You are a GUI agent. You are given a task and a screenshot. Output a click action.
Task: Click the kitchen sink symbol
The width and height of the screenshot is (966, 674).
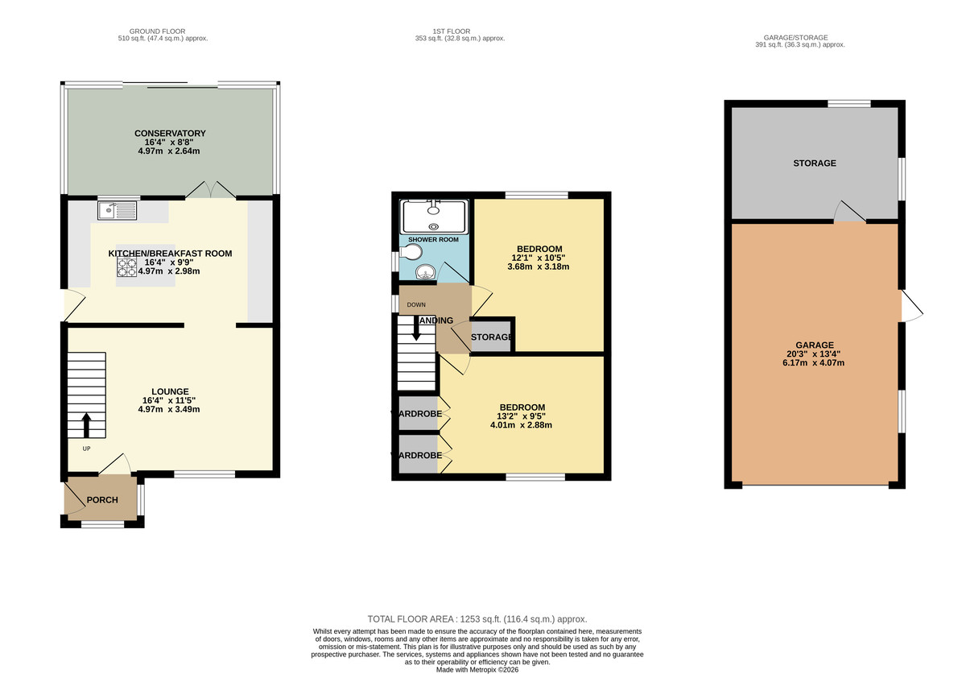click(x=118, y=211)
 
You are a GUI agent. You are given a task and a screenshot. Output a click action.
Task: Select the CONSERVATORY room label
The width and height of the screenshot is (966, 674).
click(x=170, y=134)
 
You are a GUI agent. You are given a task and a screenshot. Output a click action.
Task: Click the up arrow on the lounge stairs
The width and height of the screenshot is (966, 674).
click(x=86, y=424)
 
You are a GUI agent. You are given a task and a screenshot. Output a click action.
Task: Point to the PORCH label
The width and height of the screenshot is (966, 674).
click(x=102, y=500)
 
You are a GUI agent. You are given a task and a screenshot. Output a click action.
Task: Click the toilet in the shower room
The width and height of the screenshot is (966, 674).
click(x=412, y=253)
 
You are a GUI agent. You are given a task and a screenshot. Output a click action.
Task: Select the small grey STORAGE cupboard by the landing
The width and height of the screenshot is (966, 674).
click(x=492, y=337)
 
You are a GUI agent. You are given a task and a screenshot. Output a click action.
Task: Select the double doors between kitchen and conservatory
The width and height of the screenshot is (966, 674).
click(x=211, y=190)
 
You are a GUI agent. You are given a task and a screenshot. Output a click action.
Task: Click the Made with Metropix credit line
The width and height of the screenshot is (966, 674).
click(x=477, y=669)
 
